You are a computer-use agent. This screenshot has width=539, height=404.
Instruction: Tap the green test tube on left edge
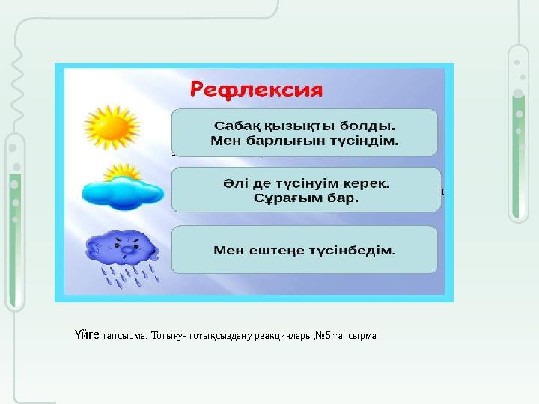point(14,217)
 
